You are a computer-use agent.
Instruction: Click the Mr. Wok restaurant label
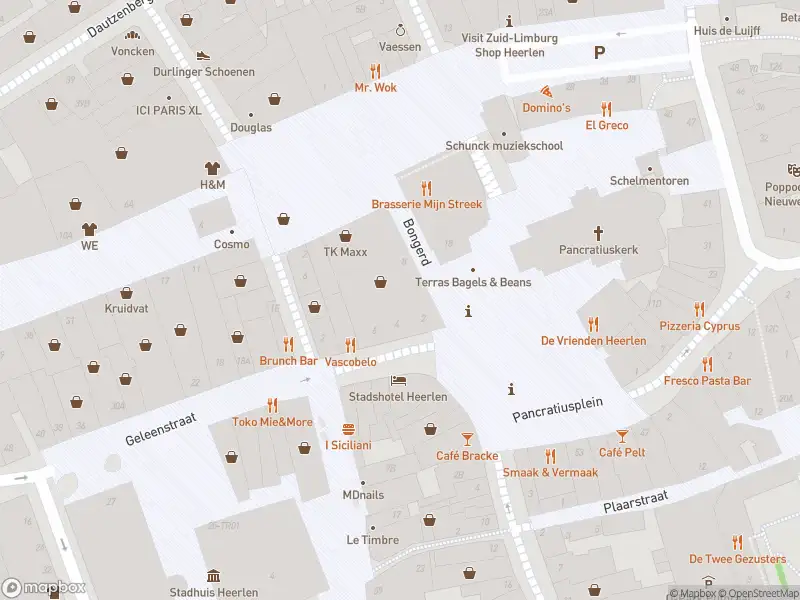[x=375, y=88]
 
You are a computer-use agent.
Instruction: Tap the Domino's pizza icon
[x=546, y=91]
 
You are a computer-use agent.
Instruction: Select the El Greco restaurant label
[x=606, y=125]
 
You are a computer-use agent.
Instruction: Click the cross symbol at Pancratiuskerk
[x=599, y=233]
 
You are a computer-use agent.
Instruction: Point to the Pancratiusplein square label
[x=557, y=408]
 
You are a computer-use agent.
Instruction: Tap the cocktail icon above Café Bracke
[x=467, y=439]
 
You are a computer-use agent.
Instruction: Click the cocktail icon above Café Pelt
[x=622, y=436]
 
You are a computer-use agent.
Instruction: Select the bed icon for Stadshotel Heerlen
[x=398, y=381]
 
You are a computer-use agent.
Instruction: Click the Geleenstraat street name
[x=162, y=429]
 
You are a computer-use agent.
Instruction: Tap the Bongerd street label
[x=415, y=241]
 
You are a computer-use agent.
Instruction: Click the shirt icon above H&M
[x=212, y=168]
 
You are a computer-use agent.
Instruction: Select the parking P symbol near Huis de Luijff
[x=599, y=53]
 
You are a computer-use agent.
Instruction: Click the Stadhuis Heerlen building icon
[x=213, y=576]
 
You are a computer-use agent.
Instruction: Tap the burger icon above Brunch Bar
[x=288, y=344]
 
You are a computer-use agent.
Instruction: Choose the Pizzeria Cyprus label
[x=699, y=326]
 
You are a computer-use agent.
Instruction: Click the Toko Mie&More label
[x=272, y=422]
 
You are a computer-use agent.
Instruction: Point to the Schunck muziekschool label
[x=504, y=146]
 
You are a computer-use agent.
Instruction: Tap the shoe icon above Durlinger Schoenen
[x=203, y=56]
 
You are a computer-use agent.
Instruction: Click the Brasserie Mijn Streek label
[x=426, y=204]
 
